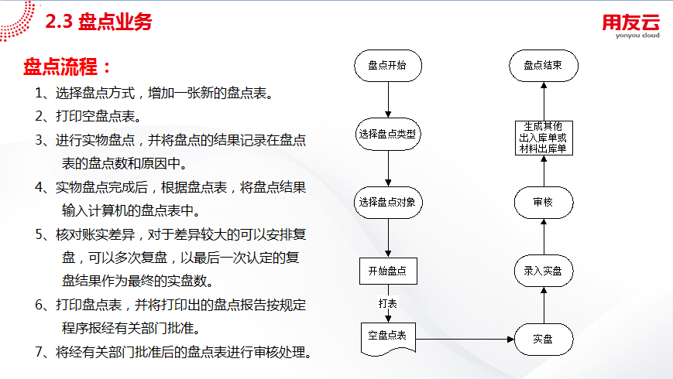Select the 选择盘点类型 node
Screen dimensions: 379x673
point(387,134)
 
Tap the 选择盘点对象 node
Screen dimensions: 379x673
point(387,203)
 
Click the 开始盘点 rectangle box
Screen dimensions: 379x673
point(387,271)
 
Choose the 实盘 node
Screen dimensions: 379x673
point(543,340)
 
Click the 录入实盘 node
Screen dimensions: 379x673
point(543,271)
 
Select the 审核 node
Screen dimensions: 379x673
point(543,203)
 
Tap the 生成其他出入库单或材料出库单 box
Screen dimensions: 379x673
point(543,137)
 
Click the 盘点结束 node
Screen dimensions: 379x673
point(543,66)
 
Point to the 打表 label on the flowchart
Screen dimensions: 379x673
point(387,304)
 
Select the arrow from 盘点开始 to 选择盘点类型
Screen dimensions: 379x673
point(387,99)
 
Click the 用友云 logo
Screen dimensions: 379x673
point(630,23)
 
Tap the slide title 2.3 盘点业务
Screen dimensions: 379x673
point(98,22)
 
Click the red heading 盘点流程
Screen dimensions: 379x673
point(67,66)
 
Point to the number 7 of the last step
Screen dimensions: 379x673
point(39,353)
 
